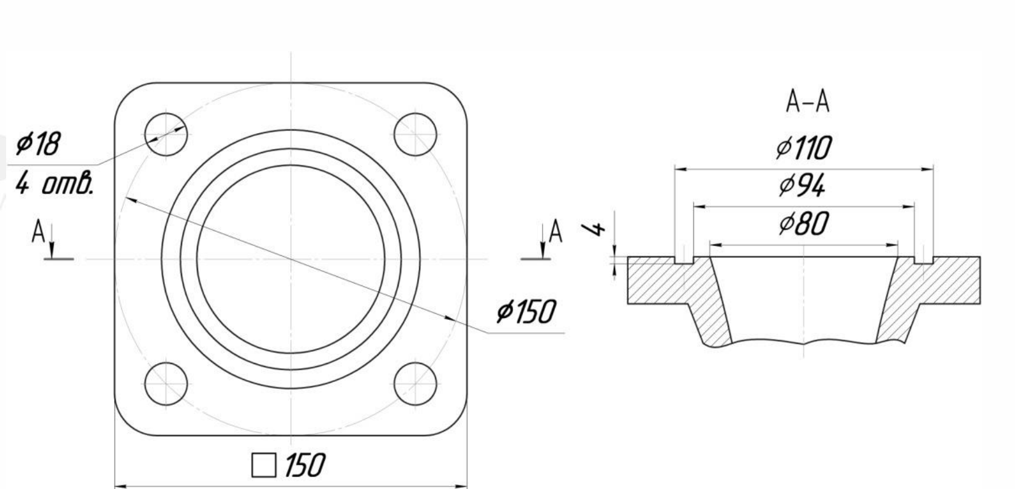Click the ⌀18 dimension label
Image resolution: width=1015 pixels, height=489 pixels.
(x=38, y=144)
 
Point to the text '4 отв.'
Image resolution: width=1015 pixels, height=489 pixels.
(x=54, y=183)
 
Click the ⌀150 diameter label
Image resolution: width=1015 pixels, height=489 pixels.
(x=525, y=312)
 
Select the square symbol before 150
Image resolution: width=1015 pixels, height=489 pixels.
(x=264, y=465)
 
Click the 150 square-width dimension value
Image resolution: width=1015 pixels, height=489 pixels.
(x=305, y=466)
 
